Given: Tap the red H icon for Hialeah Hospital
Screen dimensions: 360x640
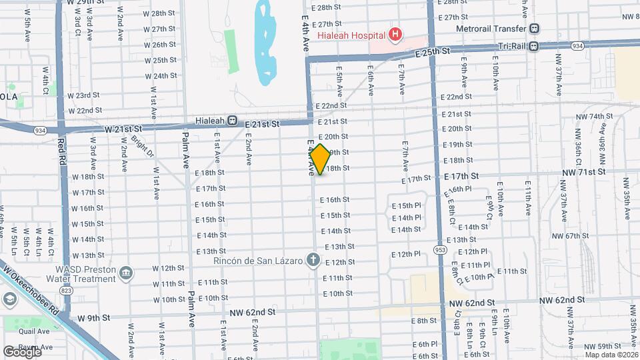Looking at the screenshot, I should [395, 34].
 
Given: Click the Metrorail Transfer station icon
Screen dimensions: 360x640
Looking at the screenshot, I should [535, 29].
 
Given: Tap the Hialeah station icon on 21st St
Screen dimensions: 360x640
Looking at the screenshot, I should [232, 121].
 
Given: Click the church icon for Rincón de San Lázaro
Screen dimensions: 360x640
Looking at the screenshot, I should [313, 259].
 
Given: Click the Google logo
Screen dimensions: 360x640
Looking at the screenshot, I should [21, 351].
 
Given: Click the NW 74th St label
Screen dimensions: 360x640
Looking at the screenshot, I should [591, 117].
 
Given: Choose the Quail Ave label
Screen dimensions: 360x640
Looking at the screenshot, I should [34, 331].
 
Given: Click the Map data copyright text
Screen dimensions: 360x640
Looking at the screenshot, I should [608, 354].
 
